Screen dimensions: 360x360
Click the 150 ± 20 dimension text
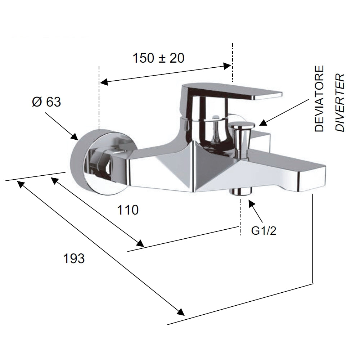click(x=158, y=58)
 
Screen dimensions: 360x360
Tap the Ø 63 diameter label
click(x=46, y=102)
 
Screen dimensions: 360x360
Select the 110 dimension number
click(x=128, y=210)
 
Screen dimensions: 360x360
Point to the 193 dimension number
click(x=74, y=258)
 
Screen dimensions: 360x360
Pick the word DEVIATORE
click(x=319, y=99)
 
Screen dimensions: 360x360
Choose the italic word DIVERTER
click(x=340, y=102)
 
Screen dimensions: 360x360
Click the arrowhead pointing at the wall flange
click(x=75, y=136)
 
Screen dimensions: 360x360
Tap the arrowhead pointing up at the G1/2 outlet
click(x=251, y=204)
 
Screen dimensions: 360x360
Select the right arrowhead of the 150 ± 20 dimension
click(x=227, y=66)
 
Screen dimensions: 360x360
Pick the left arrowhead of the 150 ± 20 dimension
click(x=104, y=82)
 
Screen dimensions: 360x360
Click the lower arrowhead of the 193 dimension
click(x=180, y=312)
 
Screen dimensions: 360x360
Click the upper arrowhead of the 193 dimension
click(x=21, y=184)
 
